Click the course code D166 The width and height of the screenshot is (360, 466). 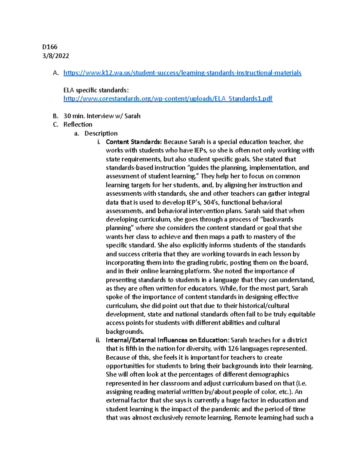(x=50, y=47)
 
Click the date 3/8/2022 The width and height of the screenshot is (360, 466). (x=56, y=56)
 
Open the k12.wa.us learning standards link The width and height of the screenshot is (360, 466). (x=182, y=73)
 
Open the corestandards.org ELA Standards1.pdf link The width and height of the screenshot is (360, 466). (x=168, y=99)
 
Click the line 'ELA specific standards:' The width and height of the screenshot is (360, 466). (x=96, y=90)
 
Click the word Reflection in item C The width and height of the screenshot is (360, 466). (x=78, y=125)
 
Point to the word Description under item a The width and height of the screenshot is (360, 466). (x=101, y=133)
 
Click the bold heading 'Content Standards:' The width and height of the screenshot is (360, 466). (x=134, y=142)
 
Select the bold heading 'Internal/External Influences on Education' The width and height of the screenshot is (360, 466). (x=166, y=340)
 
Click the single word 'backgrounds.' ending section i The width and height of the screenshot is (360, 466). (x=125, y=332)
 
